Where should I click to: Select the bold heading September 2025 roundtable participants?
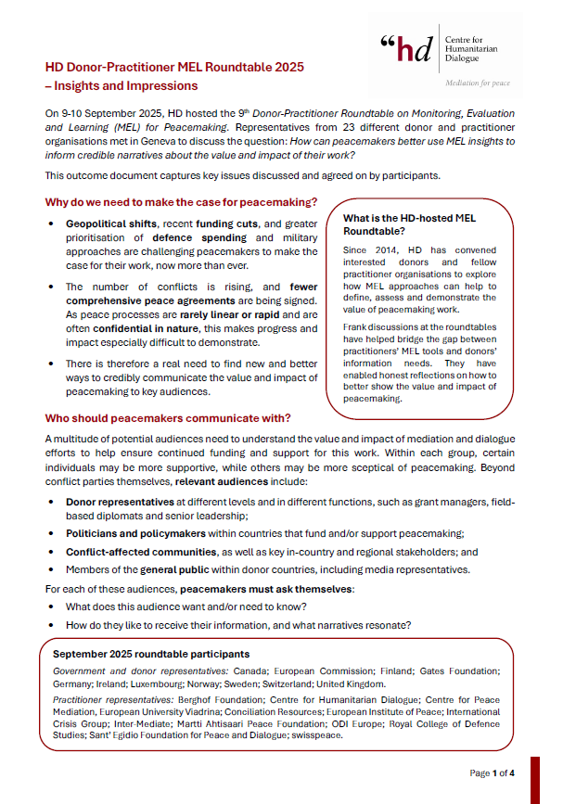151,654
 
